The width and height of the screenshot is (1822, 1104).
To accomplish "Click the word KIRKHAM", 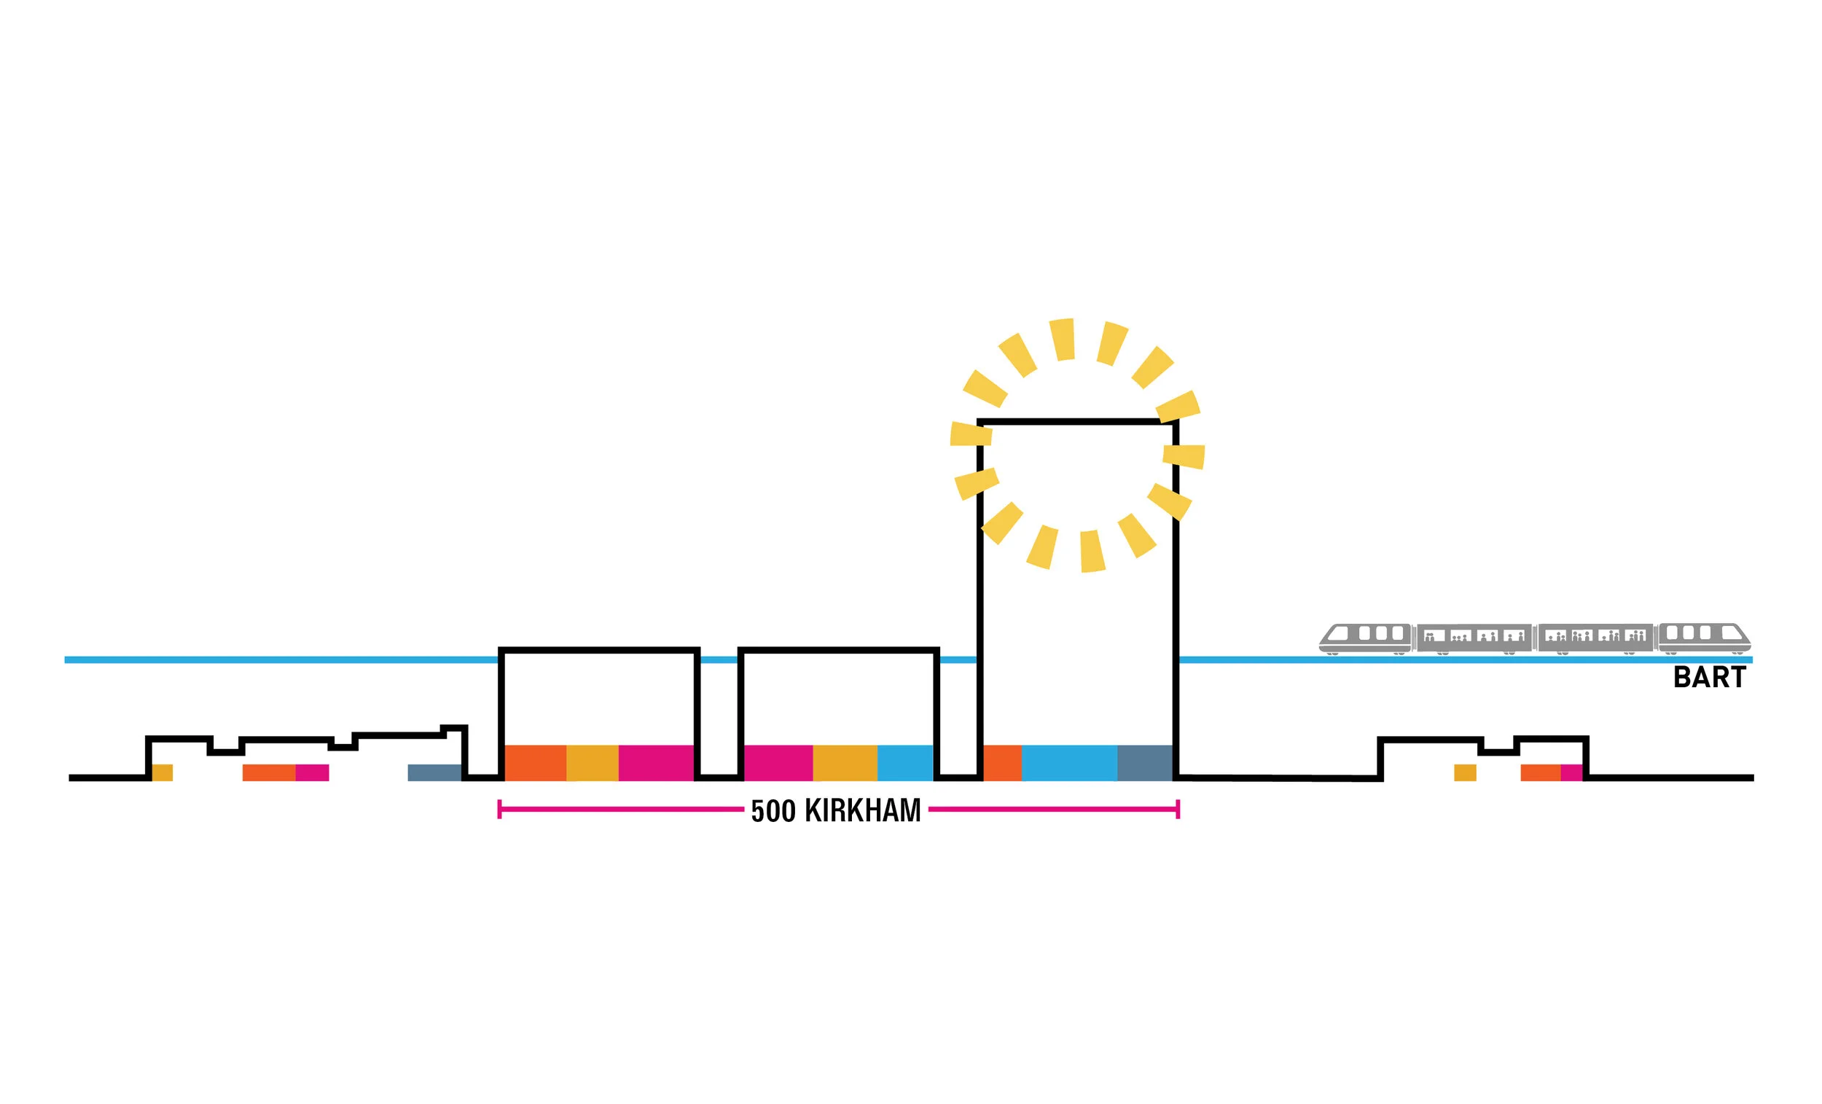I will [x=862, y=811].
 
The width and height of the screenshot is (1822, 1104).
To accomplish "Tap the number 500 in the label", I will [x=773, y=811].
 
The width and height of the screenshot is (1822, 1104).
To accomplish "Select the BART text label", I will [x=1709, y=677].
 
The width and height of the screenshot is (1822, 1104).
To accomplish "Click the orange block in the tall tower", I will [x=1002, y=763].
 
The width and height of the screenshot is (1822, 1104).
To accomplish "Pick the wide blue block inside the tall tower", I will [x=1068, y=763].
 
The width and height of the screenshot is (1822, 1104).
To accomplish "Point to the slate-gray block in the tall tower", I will [x=1144, y=763].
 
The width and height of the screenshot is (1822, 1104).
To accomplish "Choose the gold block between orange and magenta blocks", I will [x=593, y=763].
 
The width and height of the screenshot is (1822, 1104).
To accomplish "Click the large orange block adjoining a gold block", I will [x=536, y=763].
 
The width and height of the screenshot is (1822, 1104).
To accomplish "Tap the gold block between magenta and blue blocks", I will [x=845, y=763].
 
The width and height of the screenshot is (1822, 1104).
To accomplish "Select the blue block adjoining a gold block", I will [x=905, y=763].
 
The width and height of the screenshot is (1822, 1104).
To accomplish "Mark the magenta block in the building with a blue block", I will [x=778, y=763].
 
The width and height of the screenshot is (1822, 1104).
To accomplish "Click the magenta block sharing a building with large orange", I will [x=656, y=763].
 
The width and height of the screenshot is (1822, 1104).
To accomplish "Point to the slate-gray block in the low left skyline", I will [x=435, y=772].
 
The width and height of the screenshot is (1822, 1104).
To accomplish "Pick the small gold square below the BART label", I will [x=1465, y=772].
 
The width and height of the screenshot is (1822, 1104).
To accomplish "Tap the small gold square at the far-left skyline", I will [x=163, y=772].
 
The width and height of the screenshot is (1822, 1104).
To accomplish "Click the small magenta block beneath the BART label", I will [x=1571, y=772].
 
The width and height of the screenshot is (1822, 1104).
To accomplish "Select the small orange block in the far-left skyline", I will [x=268, y=772].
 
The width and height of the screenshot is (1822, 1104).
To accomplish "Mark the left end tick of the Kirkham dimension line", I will [x=500, y=810].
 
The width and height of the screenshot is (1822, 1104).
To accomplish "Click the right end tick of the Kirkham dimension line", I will [x=1178, y=810].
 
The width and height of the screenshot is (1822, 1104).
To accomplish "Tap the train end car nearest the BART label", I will [x=1704, y=638].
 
